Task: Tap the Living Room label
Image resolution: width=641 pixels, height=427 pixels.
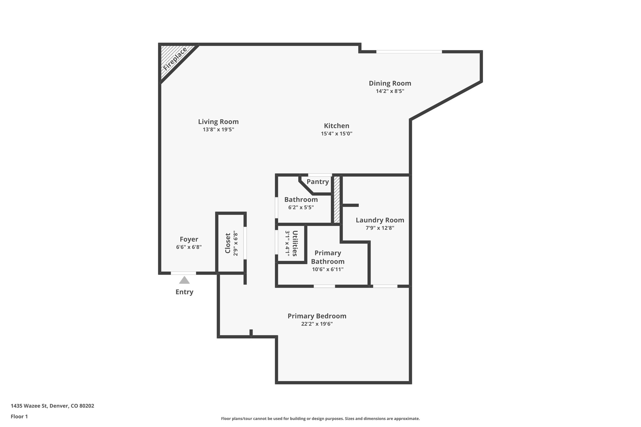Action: pyautogui.click(x=218, y=122)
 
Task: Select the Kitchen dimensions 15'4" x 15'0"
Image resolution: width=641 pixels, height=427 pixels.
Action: pyautogui.click(x=336, y=134)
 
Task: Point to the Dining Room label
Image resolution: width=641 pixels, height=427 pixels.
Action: pyautogui.click(x=390, y=83)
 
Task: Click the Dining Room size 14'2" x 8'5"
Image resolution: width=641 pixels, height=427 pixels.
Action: pyautogui.click(x=390, y=91)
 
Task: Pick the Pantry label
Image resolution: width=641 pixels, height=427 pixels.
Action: pyautogui.click(x=317, y=182)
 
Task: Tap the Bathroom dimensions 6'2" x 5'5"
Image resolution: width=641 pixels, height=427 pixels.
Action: pyautogui.click(x=301, y=207)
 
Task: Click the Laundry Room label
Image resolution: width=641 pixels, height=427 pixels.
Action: pyautogui.click(x=380, y=220)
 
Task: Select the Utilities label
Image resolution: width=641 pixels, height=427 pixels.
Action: pyautogui.click(x=295, y=243)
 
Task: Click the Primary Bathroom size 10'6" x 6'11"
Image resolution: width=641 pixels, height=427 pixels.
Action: pyautogui.click(x=327, y=269)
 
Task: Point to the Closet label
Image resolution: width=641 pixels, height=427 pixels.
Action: pyautogui.click(x=228, y=243)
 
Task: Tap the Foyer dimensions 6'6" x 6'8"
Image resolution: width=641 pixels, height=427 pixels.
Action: pyautogui.click(x=189, y=247)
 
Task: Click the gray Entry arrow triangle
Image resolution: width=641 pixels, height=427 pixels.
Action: pyautogui.click(x=184, y=280)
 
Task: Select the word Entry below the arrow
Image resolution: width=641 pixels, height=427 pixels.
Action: pyautogui.click(x=184, y=292)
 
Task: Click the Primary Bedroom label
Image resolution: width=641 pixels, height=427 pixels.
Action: pyautogui.click(x=317, y=316)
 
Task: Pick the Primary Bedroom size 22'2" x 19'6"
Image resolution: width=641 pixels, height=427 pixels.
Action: pyautogui.click(x=317, y=324)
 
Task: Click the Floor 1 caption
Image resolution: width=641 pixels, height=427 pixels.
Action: pyautogui.click(x=19, y=416)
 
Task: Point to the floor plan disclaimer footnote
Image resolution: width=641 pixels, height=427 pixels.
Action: pyautogui.click(x=320, y=419)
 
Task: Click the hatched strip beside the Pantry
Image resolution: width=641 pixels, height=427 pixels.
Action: pyautogui.click(x=337, y=200)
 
